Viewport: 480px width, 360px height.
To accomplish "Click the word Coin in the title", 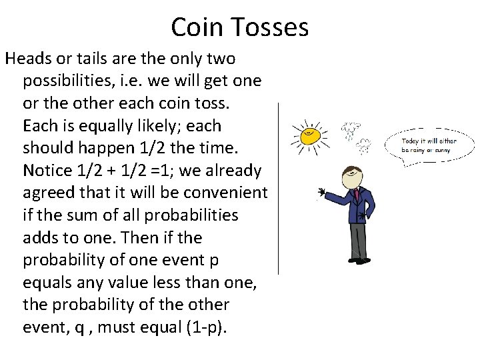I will click(195, 27).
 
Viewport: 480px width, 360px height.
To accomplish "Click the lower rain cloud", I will click(364, 143).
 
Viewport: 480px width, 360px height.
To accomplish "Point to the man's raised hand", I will click(322, 193).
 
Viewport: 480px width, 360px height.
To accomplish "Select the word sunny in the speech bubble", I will click(441, 150).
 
